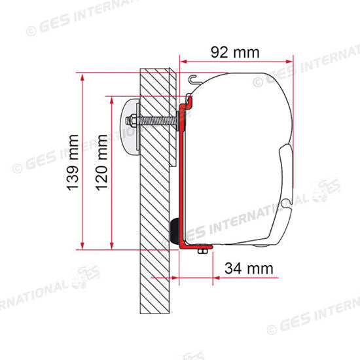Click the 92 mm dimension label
click(x=235, y=52)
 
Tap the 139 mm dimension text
click(x=73, y=163)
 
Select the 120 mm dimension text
click(x=101, y=163)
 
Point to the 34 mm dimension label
click(x=249, y=268)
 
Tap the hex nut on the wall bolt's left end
click(x=130, y=121)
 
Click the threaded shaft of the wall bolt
click(x=156, y=121)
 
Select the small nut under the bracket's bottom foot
click(x=202, y=251)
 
